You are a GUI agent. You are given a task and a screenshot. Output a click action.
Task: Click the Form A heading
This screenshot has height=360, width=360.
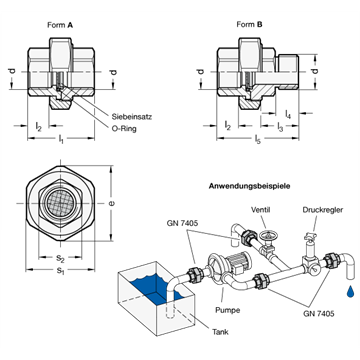(60, 25)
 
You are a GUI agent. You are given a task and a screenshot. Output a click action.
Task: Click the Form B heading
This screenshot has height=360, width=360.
(249, 24)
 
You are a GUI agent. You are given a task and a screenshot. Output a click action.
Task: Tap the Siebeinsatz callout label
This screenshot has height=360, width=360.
(132, 117)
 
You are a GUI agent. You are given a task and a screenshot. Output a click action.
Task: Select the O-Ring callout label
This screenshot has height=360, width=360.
(124, 128)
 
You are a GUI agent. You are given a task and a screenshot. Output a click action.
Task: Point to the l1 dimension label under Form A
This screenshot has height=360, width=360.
(60, 140)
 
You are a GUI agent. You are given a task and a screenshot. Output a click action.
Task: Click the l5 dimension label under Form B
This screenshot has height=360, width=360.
(257, 140)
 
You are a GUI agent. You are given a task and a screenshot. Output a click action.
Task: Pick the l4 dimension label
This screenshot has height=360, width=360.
(288, 114)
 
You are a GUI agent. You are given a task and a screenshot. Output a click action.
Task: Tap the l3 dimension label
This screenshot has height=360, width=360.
(280, 127)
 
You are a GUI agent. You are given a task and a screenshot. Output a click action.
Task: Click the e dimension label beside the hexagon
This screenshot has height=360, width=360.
(111, 203)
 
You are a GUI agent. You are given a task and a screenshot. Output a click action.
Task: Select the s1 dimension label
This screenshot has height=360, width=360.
(60, 271)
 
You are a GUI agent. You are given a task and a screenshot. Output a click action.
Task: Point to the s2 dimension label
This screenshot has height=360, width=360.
(60, 258)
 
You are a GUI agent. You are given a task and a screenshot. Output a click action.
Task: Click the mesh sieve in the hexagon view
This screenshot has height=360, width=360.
(60, 203)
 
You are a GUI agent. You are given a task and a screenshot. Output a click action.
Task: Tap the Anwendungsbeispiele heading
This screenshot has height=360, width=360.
(249, 186)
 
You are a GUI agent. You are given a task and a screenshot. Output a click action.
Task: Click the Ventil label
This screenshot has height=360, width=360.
(260, 210)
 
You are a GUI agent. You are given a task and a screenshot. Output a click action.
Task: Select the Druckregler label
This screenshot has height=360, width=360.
(323, 210)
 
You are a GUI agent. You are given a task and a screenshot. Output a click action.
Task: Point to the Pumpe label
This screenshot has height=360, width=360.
(227, 310)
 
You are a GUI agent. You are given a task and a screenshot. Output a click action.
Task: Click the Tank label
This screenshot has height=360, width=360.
(220, 332)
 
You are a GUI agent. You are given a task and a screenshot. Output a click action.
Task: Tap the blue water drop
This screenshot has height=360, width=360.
(350, 291)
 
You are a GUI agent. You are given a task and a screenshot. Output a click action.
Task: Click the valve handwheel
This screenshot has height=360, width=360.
(268, 237)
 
